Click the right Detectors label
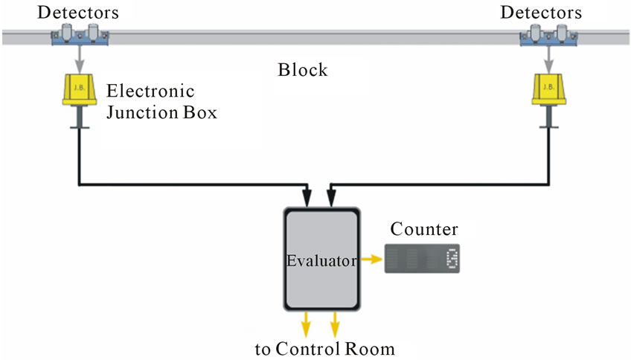(541, 12)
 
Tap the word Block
(303, 71)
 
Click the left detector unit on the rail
(78, 35)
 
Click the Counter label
(424, 229)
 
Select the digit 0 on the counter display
(451, 259)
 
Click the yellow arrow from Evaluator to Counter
(371, 260)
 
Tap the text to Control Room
(324, 349)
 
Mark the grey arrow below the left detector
(78, 59)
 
